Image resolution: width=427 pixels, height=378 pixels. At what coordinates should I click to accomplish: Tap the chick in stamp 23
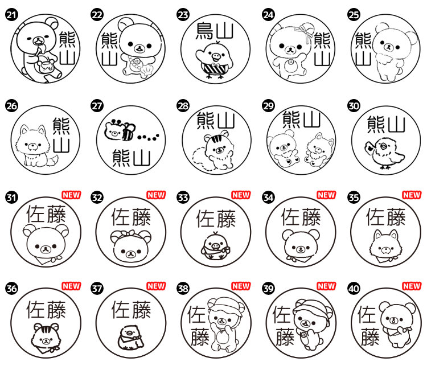(x=212, y=61)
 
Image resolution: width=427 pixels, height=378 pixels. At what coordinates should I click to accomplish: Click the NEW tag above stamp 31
(x=71, y=195)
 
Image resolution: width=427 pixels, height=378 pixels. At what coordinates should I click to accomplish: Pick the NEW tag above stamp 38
(x=241, y=286)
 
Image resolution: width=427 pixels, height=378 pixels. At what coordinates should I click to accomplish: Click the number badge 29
(x=268, y=106)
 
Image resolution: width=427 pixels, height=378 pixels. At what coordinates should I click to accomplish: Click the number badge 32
(x=97, y=198)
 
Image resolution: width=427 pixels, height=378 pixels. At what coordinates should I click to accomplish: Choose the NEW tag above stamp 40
(x=412, y=286)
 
